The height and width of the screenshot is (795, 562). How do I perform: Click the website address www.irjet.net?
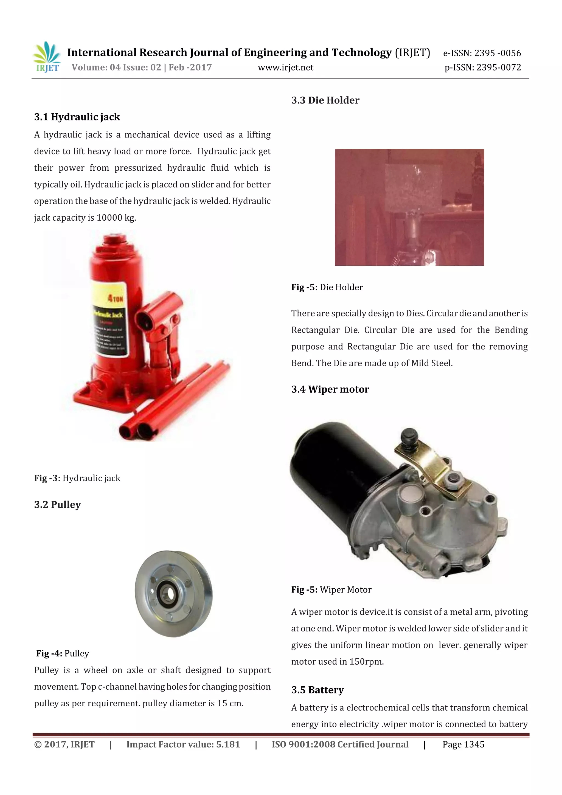click(285, 68)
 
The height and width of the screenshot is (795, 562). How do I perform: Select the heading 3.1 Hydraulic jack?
click(77, 117)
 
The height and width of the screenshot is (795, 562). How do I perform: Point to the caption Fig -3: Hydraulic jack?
click(77, 478)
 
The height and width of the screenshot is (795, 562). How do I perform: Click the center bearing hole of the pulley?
click(169, 594)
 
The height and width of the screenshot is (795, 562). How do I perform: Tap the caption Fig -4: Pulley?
click(63, 653)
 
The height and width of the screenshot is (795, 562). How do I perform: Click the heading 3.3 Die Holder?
click(325, 100)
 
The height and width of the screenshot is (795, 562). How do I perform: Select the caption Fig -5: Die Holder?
click(327, 287)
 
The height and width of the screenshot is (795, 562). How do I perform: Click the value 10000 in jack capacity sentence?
click(109, 218)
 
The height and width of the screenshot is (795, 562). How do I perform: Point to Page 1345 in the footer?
click(463, 745)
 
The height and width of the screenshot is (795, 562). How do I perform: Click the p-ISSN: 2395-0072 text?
click(482, 68)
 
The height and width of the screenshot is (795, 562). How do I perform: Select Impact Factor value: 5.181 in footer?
click(183, 745)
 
